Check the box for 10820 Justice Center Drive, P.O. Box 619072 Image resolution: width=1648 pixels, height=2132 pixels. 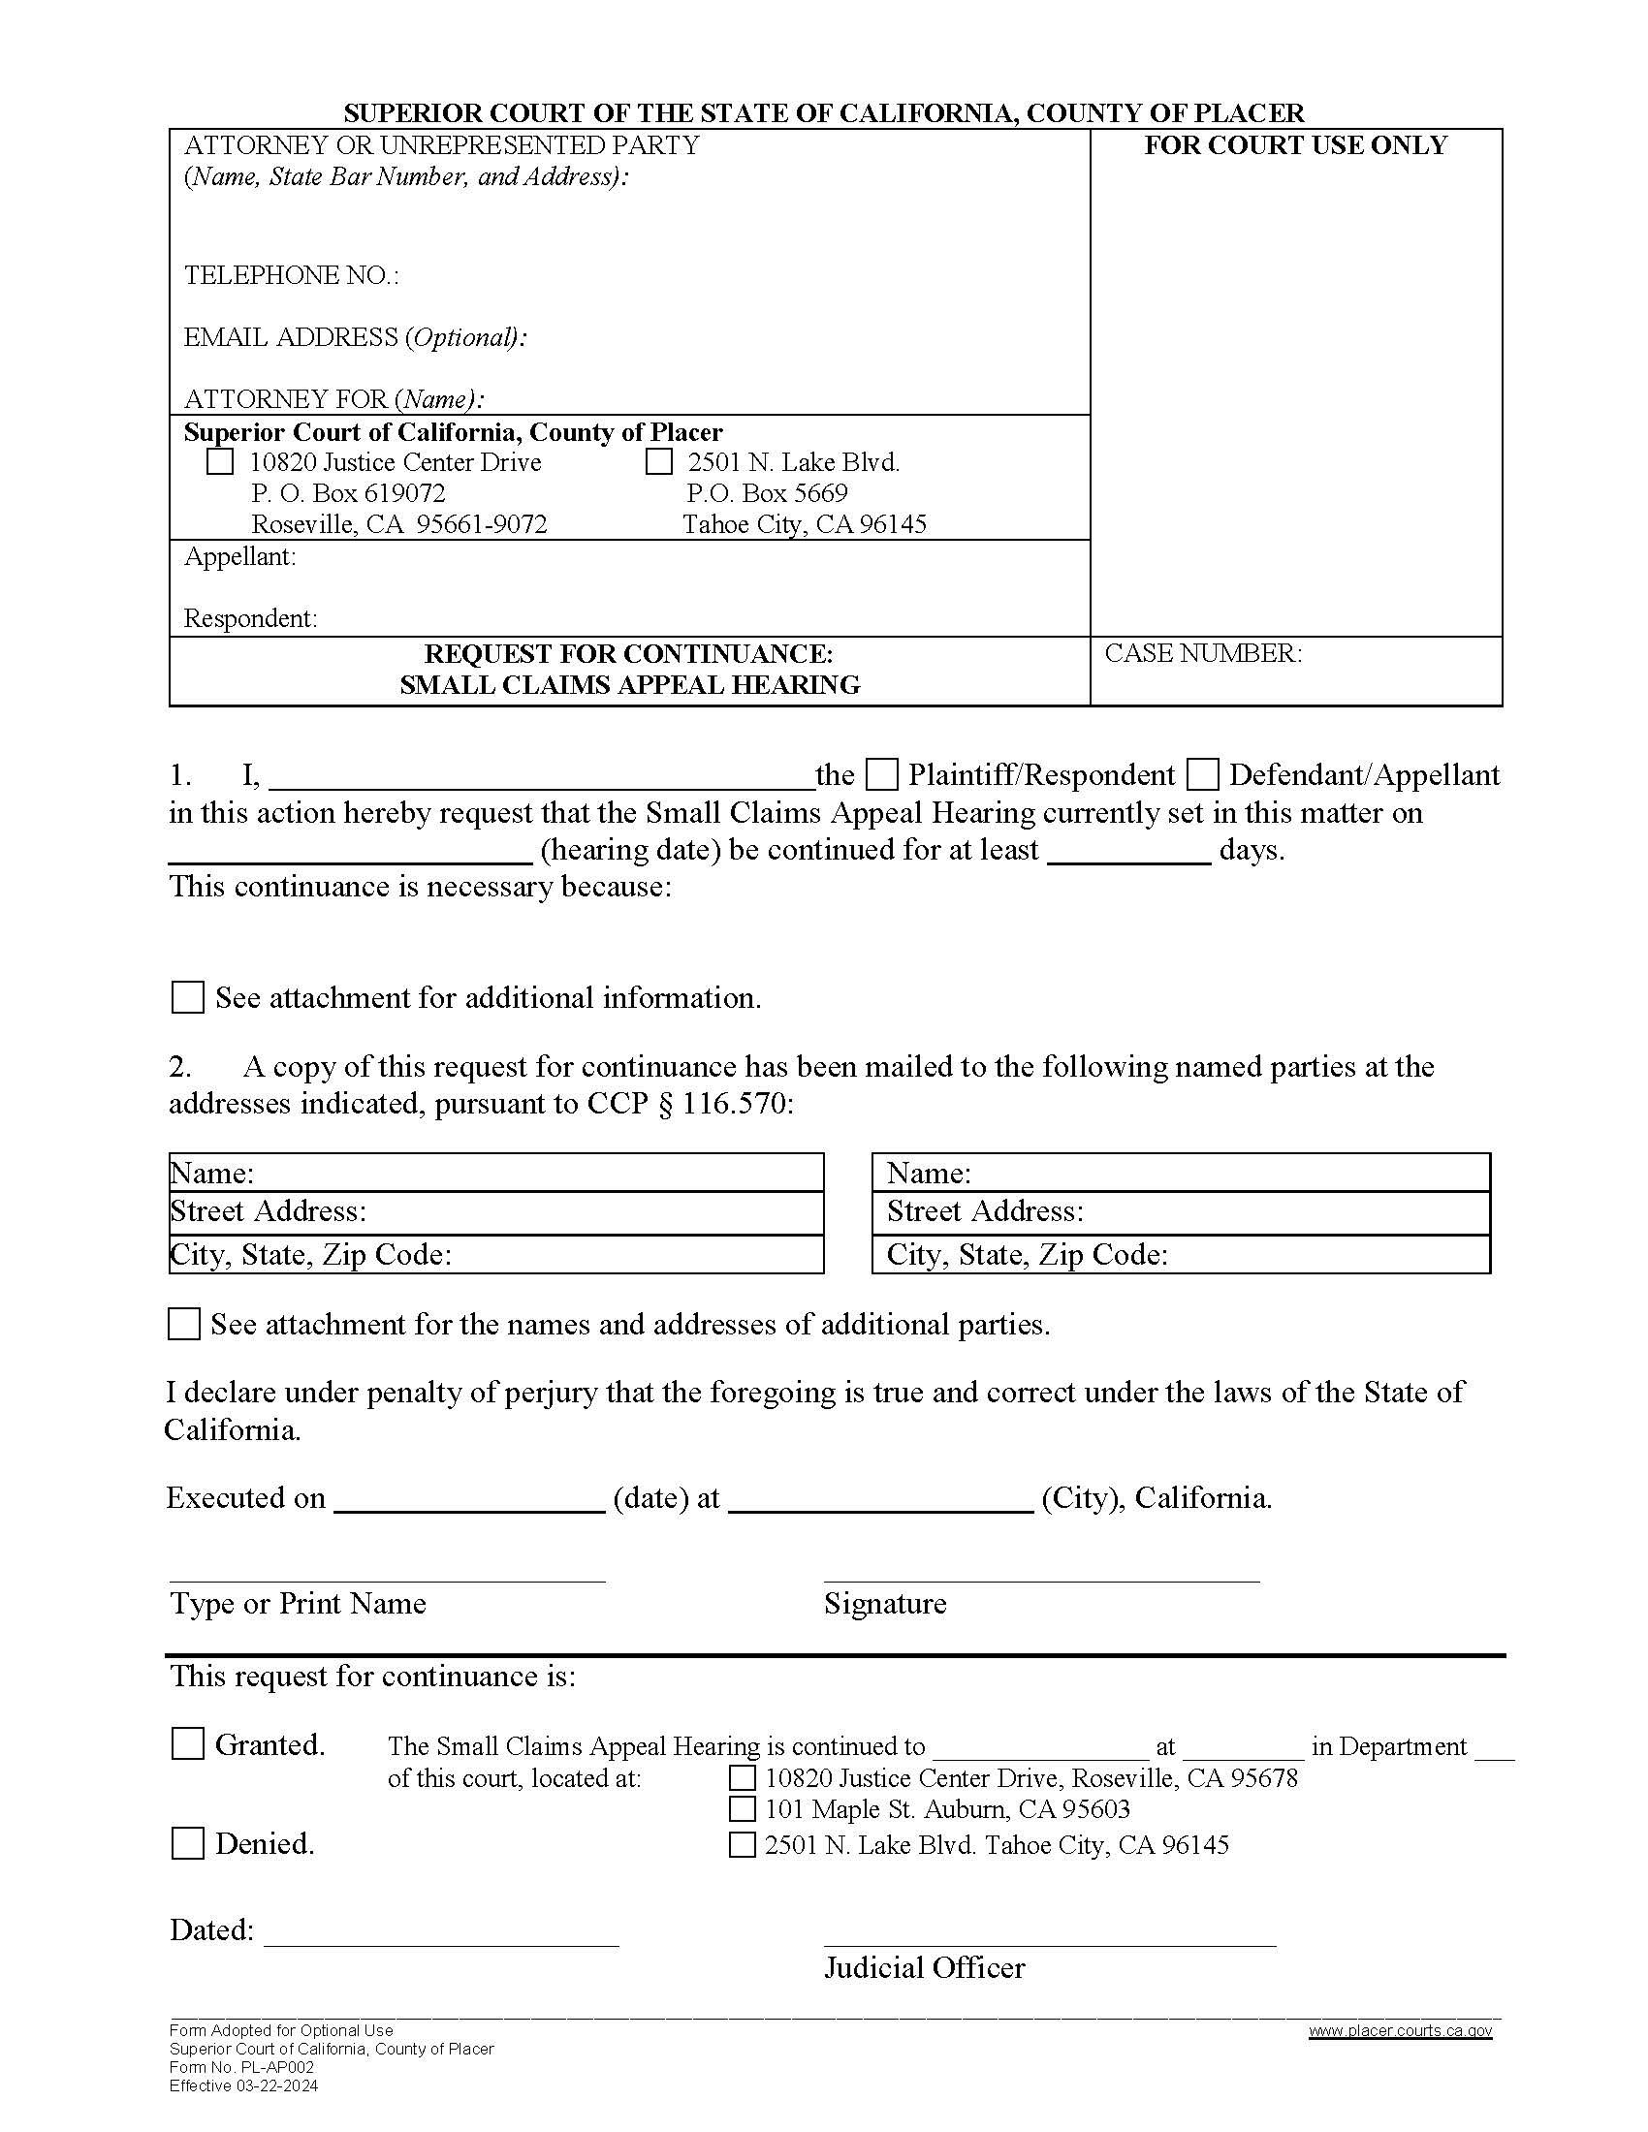click(220, 461)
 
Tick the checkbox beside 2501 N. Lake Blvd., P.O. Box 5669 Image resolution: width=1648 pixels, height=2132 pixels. click(659, 461)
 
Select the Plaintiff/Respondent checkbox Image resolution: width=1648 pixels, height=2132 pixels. click(882, 775)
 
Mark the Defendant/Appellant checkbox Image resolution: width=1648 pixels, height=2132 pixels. click(1203, 775)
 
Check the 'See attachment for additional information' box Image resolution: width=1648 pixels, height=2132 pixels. click(187, 997)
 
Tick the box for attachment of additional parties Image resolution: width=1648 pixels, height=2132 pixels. click(183, 1325)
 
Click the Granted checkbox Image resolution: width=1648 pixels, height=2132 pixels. click(187, 1743)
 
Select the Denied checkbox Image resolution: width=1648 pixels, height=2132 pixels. click(187, 1843)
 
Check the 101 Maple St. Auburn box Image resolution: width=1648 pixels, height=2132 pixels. click(742, 1809)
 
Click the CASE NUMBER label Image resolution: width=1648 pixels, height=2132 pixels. click(1203, 653)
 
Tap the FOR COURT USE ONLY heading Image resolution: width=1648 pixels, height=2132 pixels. click(1294, 145)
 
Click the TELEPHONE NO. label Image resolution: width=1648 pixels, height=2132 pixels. click(291, 275)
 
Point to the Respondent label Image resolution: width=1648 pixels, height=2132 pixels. click(250, 618)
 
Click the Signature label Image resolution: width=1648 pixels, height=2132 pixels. click(884, 1603)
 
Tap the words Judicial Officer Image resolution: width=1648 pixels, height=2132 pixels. click(924, 1967)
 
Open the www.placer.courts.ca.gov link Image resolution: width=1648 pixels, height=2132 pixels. click(1399, 2030)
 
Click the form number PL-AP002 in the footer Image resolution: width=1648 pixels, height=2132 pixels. click(242, 2068)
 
